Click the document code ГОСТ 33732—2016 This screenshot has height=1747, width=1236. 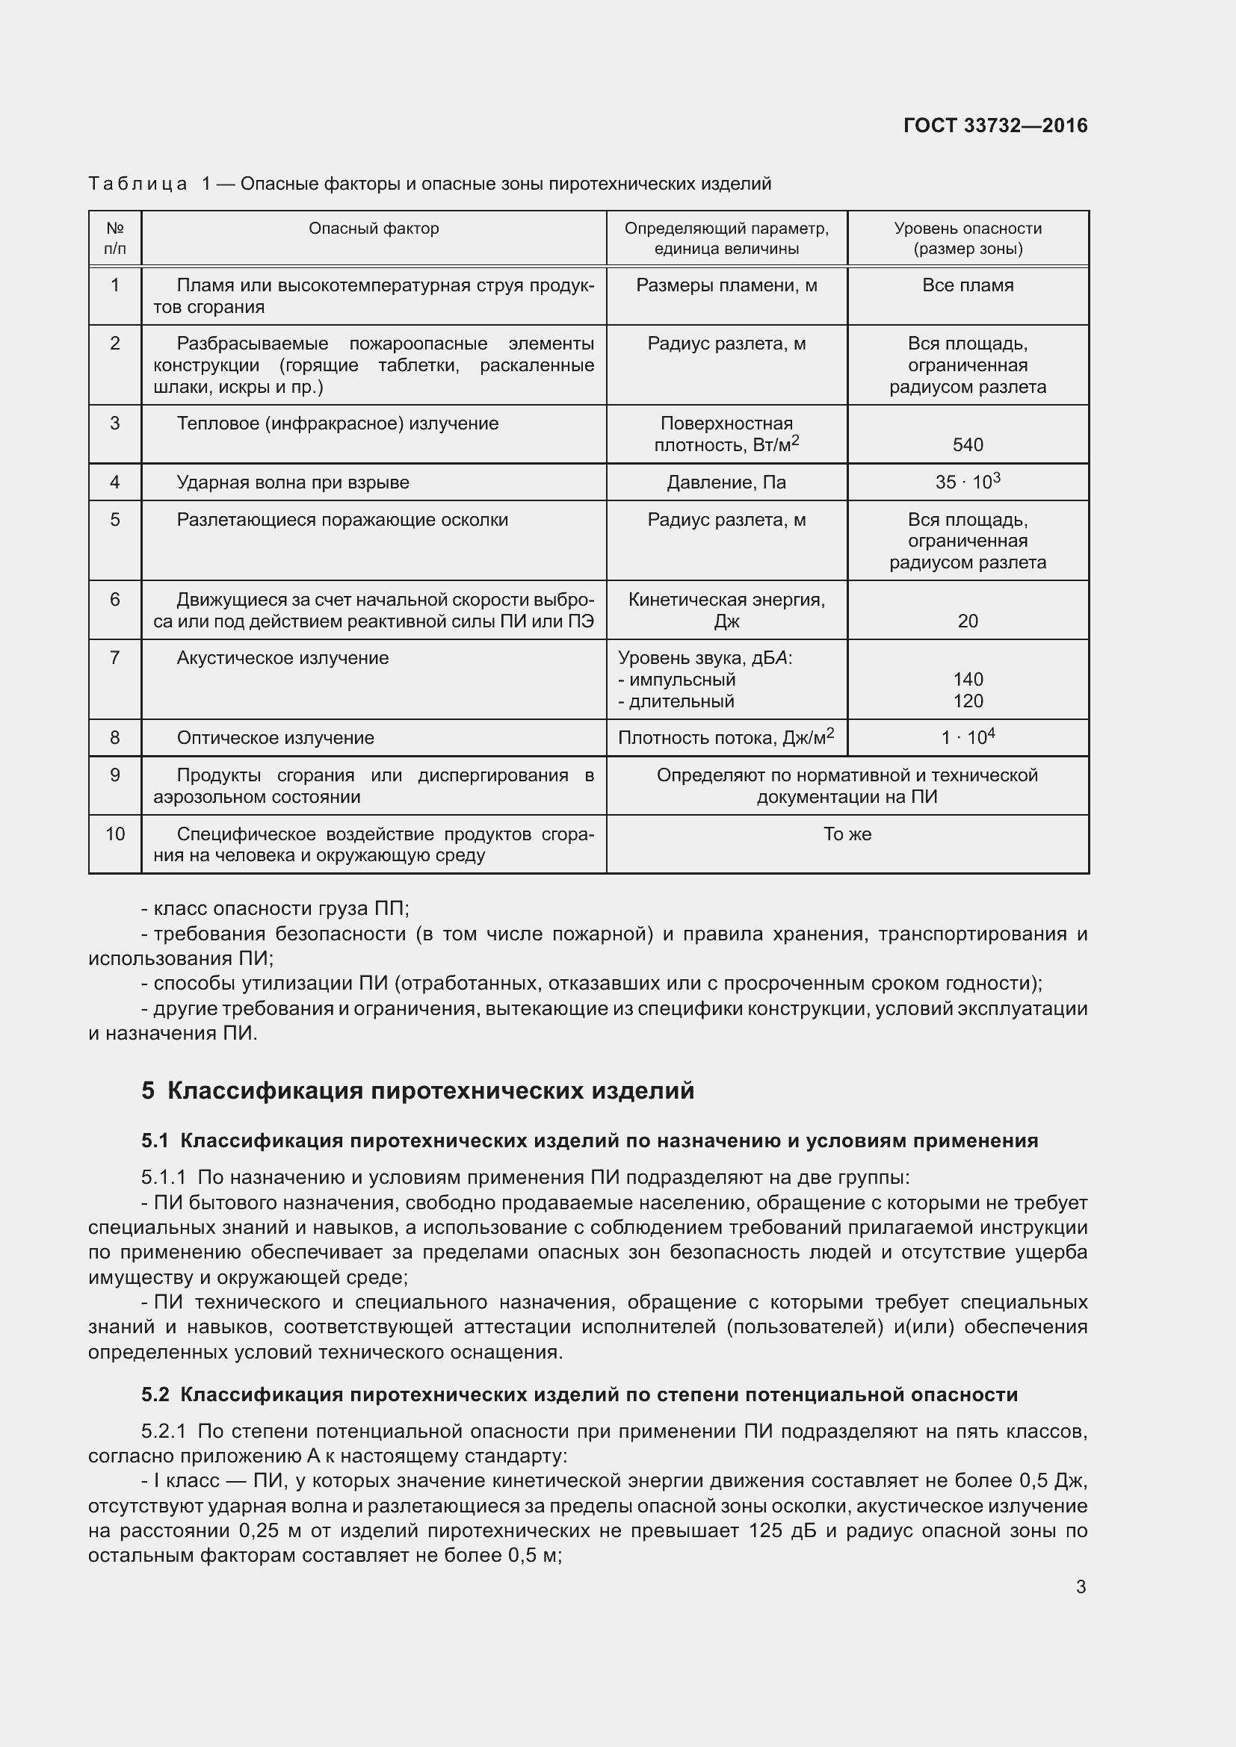pyautogui.click(x=995, y=125)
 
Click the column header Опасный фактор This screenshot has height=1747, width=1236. pyautogui.click(x=374, y=229)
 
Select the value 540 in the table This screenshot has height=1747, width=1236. pyautogui.click(x=967, y=445)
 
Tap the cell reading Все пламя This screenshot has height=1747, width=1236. pyautogui.click(x=967, y=285)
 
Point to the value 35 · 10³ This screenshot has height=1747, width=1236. pyautogui.click(x=967, y=482)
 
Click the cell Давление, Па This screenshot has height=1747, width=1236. pyautogui.click(x=726, y=482)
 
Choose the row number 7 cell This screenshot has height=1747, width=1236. pyautogui.click(x=115, y=657)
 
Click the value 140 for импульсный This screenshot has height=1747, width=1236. pyautogui.click(x=967, y=680)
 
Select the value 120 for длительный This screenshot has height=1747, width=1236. pyautogui.click(x=967, y=701)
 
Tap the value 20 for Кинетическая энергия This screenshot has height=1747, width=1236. pyautogui.click(x=967, y=621)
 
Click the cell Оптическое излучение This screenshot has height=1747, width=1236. pyautogui.click(x=276, y=738)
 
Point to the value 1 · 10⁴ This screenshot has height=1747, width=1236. pyautogui.click(x=967, y=737)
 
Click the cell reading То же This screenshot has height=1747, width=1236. pyautogui.click(x=847, y=834)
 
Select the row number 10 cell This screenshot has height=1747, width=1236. pyautogui.click(x=115, y=834)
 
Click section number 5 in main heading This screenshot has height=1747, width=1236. pyautogui.click(x=148, y=1091)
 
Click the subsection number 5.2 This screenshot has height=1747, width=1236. pyautogui.click(x=155, y=1394)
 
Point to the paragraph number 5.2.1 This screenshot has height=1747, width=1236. pyautogui.click(x=164, y=1432)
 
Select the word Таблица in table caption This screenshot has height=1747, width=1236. pyautogui.click(x=137, y=184)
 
